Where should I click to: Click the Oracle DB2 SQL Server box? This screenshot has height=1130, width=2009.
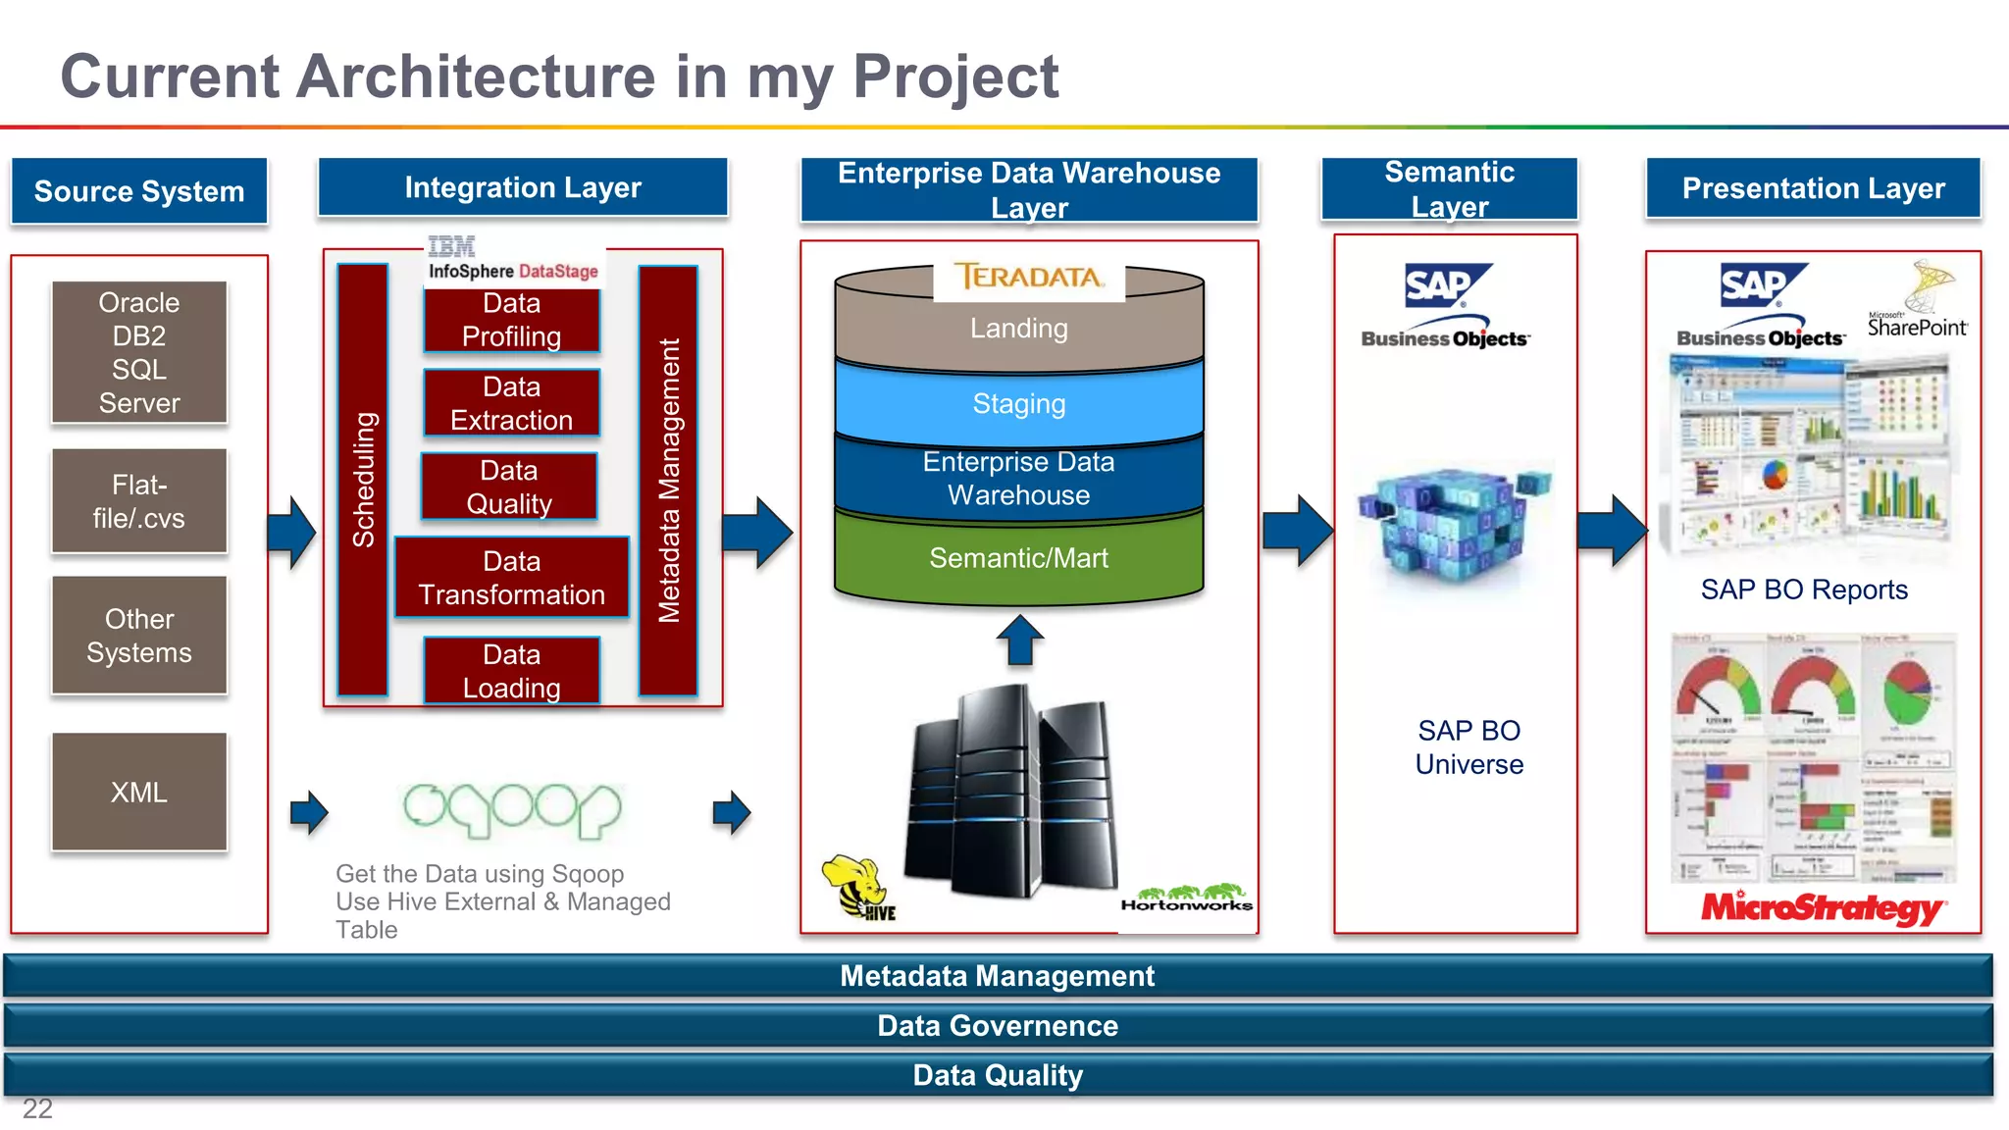pos(139,352)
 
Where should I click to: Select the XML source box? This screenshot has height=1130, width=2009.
pos(139,792)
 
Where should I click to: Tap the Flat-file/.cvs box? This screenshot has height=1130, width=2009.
pos(139,501)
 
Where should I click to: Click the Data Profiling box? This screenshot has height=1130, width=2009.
pos(511,320)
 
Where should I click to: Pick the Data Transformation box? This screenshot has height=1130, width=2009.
pos(511,578)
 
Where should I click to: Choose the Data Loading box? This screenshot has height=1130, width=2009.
pos(511,671)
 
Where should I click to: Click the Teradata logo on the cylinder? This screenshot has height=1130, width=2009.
pos(1028,278)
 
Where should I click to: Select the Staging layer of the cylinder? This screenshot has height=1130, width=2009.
pos(1018,403)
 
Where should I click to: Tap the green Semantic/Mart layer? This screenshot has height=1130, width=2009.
pos(1018,557)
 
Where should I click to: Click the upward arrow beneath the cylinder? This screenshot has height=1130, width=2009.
pos(1019,640)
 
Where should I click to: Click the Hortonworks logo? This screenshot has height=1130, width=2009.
pos(1186,899)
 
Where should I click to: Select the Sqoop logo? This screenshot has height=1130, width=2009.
pos(512,809)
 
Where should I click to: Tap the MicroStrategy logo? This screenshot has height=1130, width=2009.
pos(1823,907)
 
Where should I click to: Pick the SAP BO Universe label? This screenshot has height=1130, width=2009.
pos(1468,747)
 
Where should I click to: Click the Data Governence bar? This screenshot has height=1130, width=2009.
pos(998,1026)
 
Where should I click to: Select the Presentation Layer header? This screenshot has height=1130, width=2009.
pos(1813,188)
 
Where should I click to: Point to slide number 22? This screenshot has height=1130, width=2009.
pos(37,1108)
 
